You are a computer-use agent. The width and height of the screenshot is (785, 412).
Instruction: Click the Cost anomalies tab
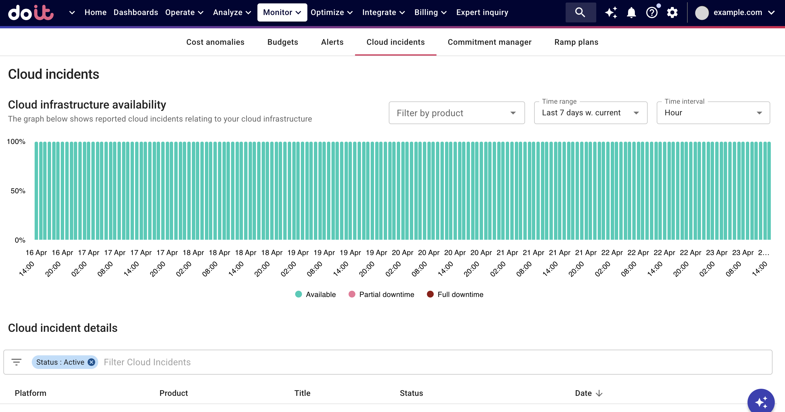[x=215, y=42]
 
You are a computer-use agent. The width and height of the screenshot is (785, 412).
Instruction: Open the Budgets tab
[x=282, y=42]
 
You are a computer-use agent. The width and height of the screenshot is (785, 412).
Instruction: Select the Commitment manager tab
[x=489, y=42]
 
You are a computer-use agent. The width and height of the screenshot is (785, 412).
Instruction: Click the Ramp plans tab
[x=576, y=42]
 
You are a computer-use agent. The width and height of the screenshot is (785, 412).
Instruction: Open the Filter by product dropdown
[x=456, y=113]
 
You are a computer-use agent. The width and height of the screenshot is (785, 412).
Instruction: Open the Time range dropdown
[x=590, y=113]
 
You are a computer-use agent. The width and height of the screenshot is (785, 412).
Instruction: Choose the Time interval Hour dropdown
[x=713, y=113]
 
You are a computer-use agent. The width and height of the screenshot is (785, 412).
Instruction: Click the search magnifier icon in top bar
[x=580, y=12]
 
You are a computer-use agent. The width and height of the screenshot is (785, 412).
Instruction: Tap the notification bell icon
[x=631, y=12]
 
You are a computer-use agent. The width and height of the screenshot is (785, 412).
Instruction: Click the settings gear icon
[x=672, y=12]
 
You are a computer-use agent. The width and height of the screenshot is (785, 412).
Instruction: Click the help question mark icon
[x=652, y=12]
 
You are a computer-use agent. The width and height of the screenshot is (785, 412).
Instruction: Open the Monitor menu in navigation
[x=282, y=12]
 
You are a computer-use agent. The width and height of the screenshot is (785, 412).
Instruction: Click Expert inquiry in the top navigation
[x=482, y=12]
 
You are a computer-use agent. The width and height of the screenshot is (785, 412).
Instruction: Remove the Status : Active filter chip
[x=91, y=362]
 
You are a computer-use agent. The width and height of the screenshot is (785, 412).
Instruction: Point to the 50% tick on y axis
[x=18, y=191]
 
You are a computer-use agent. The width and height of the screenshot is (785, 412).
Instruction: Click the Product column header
[x=173, y=393]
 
